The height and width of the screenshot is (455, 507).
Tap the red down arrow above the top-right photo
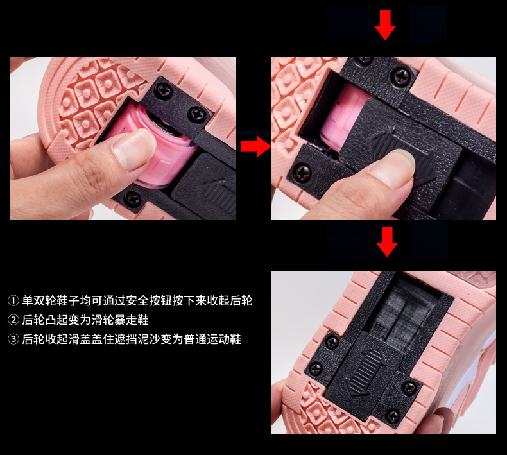click(385, 24)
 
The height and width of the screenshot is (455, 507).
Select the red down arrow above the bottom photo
click(386, 241)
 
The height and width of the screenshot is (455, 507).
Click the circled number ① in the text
click(13, 300)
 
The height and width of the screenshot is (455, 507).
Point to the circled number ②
click(13, 320)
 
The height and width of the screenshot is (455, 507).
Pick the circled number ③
click(13, 339)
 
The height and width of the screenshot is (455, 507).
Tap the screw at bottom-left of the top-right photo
click(302, 172)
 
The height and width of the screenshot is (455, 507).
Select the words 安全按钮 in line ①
click(152, 300)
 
